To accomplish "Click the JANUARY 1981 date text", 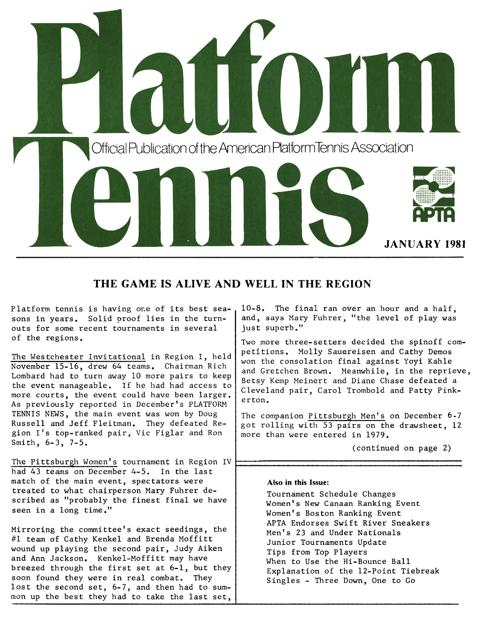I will (424, 244).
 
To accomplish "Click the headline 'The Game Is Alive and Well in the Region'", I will (232, 284).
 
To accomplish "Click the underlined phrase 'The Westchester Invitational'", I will (79, 356).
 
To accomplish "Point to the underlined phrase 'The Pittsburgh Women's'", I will (64, 462).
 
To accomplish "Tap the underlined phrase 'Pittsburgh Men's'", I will (346, 416).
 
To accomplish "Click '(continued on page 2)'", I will (401, 448).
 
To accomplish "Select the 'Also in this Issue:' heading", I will (298, 482).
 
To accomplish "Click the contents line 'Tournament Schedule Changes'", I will (331, 494).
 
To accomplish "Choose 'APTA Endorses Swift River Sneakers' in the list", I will (348, 523).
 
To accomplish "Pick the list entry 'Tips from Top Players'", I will (317, 552).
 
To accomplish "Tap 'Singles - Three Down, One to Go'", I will (341, 580).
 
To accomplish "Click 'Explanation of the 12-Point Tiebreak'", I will (353, 571).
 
